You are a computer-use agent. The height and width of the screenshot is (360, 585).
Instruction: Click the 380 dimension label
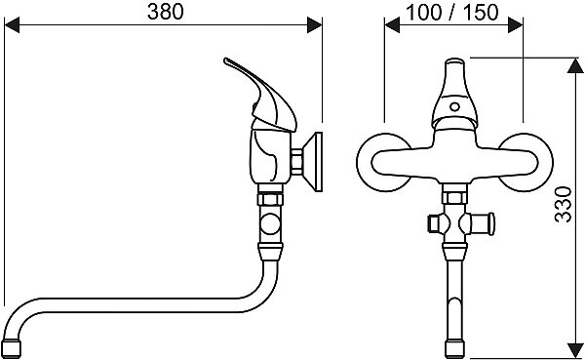click(166, 12)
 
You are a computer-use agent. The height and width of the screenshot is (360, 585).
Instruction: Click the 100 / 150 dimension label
click(451, 13)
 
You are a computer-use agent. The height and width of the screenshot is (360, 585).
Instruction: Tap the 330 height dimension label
click(563, 205)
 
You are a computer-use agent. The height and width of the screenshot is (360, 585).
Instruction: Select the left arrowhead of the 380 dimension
click(12, 25)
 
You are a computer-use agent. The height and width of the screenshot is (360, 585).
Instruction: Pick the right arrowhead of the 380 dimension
click(315, 25)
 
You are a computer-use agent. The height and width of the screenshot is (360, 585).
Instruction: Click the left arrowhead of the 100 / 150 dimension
click(392, 25)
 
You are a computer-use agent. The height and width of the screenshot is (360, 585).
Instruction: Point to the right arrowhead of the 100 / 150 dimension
click(515, 25)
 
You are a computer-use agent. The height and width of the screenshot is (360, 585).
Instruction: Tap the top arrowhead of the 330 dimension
click(575, 65)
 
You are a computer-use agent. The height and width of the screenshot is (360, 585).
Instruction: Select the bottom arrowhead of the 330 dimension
click(575, 350)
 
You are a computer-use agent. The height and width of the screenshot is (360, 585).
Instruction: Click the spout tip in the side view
click(11, 349)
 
